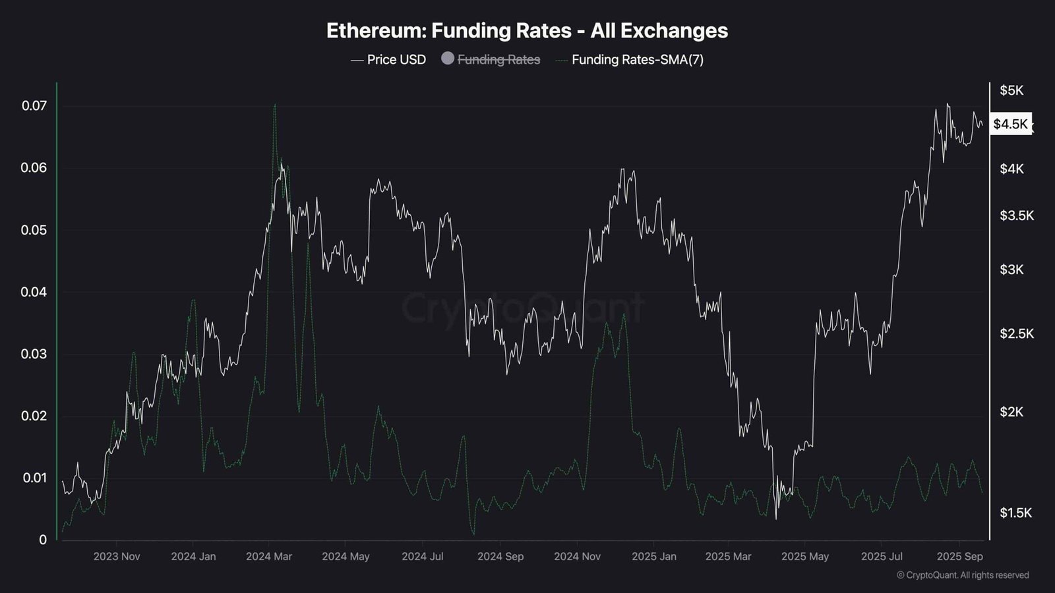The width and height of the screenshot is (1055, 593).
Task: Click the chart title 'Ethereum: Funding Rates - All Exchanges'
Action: [527, 30]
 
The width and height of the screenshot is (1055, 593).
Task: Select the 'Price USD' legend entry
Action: [396, 59]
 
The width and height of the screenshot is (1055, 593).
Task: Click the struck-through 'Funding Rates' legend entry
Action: [498, 59]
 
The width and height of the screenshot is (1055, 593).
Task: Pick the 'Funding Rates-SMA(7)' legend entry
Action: [637, 59]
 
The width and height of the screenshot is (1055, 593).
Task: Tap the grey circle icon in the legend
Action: [448, 59]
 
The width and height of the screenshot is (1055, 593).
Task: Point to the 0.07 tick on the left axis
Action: [34, 105]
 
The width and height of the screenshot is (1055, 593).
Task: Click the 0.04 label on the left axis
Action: [34, 292]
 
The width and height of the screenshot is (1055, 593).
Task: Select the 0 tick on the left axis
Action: [43, 540]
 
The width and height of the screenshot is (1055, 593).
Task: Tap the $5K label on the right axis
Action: [1011, 90]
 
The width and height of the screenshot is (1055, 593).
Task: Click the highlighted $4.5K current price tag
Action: [1010, 124]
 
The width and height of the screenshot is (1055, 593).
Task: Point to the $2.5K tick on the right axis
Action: [1016, 333]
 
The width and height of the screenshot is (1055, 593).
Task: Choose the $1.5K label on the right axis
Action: [1015, 513]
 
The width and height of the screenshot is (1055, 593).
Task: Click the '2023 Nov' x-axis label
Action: [117, 556]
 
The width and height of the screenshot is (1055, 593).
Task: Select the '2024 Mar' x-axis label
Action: [269, 556]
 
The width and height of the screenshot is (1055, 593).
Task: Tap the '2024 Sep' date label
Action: [500, 556]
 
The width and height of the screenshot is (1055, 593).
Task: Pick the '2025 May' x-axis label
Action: [805, 556]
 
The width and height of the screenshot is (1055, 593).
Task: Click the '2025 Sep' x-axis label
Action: [960, 556]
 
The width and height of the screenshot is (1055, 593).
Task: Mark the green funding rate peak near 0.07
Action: [274, 105]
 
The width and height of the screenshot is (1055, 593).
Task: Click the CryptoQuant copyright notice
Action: [963, 575]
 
